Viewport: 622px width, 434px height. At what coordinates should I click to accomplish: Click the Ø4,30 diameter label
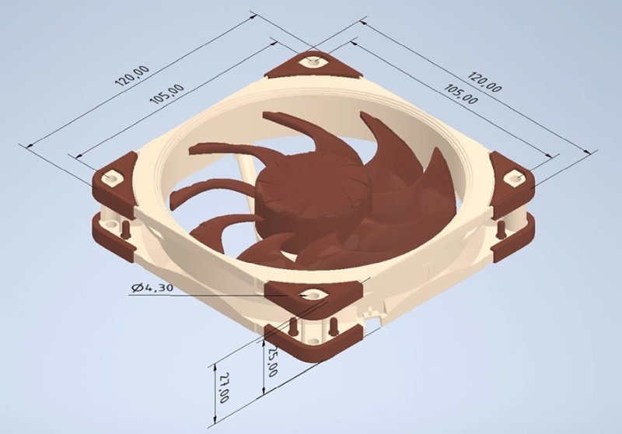(152, 288)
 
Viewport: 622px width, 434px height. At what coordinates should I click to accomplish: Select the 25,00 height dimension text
(273, 362)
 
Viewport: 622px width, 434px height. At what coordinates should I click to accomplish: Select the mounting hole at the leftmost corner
(112, 176)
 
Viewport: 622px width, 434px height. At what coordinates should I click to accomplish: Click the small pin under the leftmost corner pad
(123, 226)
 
